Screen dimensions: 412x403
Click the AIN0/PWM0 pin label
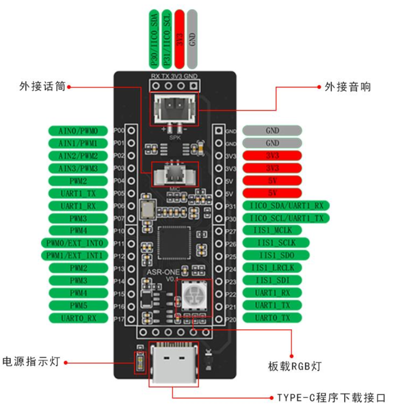78,131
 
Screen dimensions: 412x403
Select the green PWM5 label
78,306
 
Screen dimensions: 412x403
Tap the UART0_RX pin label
78,318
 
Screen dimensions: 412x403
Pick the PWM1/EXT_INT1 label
74,255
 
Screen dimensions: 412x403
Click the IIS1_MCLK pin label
272,230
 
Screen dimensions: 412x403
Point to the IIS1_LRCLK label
272,268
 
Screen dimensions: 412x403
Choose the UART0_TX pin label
272,318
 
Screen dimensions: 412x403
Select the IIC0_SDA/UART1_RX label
286,205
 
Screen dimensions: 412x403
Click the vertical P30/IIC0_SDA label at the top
154,39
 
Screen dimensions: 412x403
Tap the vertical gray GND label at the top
192,39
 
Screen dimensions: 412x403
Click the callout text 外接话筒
42,86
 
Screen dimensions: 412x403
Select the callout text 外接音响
347,87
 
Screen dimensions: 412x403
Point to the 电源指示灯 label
31,361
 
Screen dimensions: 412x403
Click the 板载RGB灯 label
294,366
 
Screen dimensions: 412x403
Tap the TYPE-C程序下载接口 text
331,397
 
